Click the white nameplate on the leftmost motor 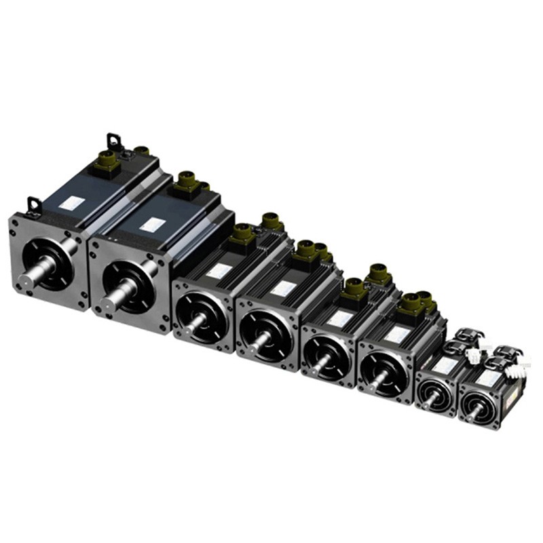click(x=73, y=203)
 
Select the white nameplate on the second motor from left click(x=155, y=224)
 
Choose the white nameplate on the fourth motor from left click(x=282, y=288)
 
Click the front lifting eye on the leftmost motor click(x=33, y=204)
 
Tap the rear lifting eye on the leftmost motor click(x=113, y=142)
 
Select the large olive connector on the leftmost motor click(x=108, y=162)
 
